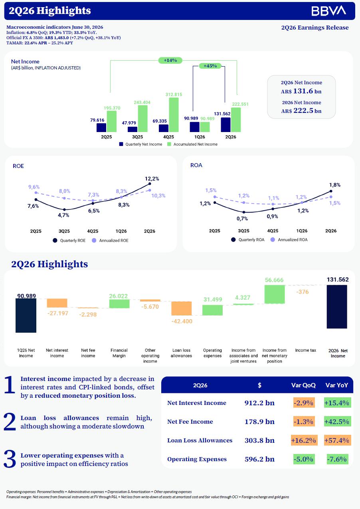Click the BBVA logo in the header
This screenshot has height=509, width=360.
point(328,11)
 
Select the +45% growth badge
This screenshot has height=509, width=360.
point(210,66)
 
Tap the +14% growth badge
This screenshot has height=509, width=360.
point(170,60)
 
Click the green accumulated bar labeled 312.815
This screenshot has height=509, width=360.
point(174,115)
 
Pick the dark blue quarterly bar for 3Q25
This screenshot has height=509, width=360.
point(133,129)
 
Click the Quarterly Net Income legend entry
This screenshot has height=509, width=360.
point(140,144)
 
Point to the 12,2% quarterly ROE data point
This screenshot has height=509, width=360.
point(150,183)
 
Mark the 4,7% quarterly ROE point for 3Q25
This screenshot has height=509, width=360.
point(64,209)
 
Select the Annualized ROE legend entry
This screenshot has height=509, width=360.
point(110,241)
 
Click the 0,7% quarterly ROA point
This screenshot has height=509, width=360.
point(244,212)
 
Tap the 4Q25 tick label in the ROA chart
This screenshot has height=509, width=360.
point(273,231)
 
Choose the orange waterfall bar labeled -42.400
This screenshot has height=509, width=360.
point(181,308)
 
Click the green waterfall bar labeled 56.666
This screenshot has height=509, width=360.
point(275,294)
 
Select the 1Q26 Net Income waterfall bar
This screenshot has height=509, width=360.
point(26,316)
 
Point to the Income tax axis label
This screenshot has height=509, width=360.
point(305,350)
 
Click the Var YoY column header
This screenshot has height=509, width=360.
point(336,385)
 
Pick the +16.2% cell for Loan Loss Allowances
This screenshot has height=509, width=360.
point(304,440)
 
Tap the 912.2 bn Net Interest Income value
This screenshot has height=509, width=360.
point(259,402)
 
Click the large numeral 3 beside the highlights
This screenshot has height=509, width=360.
point(10,459)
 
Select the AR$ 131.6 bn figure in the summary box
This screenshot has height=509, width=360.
point(301,91)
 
